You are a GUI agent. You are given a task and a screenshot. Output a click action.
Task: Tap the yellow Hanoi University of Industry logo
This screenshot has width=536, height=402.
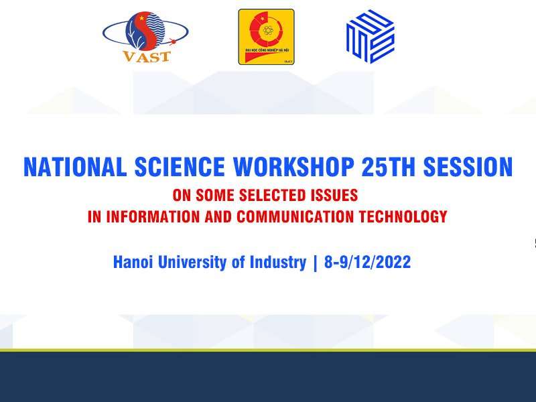point(266,37)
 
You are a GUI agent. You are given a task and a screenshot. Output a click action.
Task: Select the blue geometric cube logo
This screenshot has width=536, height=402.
point(370,37)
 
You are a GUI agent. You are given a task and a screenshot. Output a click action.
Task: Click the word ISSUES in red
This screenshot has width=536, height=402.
point(332,196)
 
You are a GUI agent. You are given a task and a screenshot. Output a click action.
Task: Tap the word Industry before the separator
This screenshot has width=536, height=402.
point(275,262)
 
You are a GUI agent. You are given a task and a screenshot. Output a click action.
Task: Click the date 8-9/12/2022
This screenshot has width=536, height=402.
point(367,262)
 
